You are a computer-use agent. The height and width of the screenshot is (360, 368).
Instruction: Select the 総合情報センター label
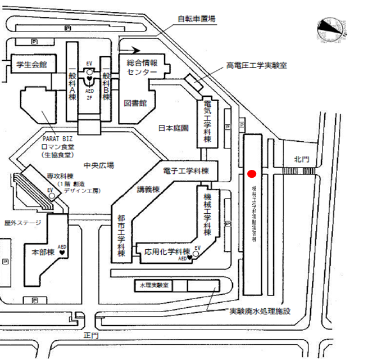tap(142, 69)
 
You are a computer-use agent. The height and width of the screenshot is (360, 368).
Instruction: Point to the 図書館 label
tap(134, 103)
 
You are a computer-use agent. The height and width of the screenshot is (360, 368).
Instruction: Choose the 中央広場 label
tap(98, 165)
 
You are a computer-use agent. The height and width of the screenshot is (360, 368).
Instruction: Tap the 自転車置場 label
tap(197, 19)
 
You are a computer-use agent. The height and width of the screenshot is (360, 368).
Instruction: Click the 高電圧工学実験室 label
tap(256, 65)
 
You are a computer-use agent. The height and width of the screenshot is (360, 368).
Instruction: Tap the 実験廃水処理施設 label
tap(259, 311)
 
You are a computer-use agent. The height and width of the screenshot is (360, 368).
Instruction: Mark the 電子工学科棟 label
tap(185, 170)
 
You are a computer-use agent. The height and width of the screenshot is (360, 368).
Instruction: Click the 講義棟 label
tap(148, 190)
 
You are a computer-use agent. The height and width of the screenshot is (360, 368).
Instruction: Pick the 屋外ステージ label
tap(23, 223)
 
